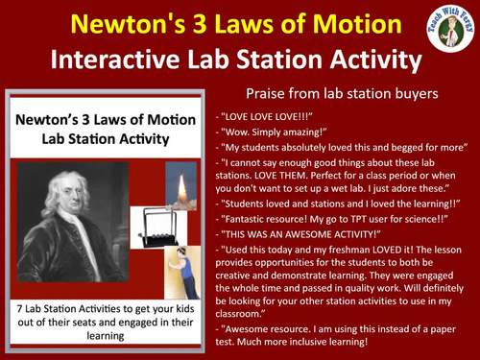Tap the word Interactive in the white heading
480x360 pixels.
[x=118, y=60]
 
